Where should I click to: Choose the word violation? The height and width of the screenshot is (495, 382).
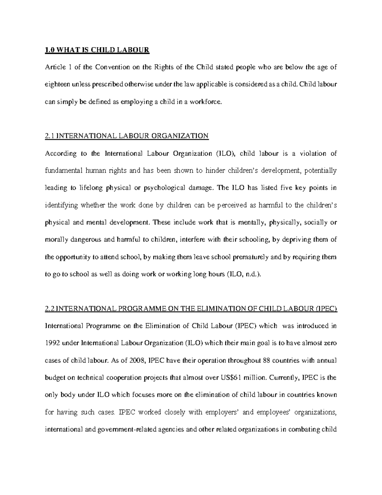[x=308, y=154]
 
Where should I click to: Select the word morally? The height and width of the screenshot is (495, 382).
[x=56, y=240]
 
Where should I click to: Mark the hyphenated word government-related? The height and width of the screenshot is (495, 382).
[x=127, y=429]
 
